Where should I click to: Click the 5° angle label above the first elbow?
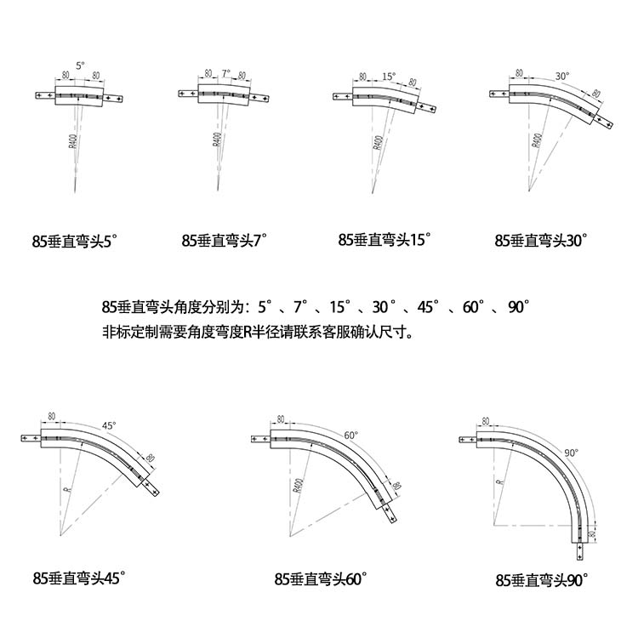(x=80, y=65)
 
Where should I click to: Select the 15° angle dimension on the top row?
(x=389, y=76)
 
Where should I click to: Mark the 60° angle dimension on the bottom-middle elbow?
(x=349, y=435)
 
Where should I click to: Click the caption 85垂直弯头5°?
(x=72, y=241)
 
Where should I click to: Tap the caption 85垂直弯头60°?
(x=320, y=578)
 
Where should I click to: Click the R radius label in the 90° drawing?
(x=501, y=479)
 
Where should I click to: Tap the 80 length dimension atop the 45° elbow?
(x=52, y=416)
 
